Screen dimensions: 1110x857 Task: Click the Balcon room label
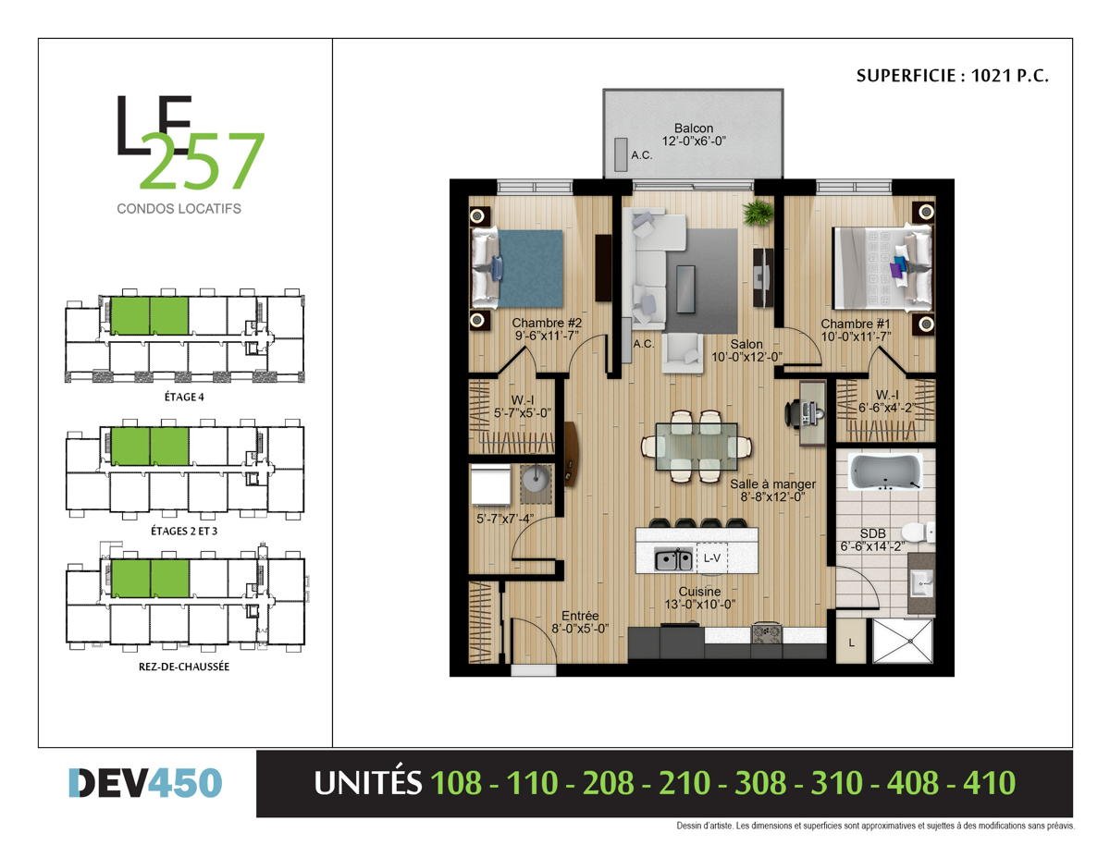(693, 129)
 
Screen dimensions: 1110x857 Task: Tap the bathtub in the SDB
(884, 471)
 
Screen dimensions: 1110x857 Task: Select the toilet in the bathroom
(918, 533)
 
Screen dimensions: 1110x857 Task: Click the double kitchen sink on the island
(673, 560)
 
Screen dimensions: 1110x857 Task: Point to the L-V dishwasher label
(711, 558)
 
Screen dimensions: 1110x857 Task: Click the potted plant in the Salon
(758, 212)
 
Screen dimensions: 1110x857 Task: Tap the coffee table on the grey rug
(685, 288)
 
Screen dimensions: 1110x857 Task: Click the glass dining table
(697, 447)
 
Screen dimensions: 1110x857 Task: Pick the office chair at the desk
(795, 412)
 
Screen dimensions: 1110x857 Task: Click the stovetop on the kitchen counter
(766, 634)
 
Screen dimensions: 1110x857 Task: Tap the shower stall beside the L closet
(903, 641)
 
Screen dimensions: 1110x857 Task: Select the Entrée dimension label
(580, 629)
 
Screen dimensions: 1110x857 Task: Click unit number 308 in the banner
(760, 783)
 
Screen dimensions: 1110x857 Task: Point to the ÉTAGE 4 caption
(184, 397)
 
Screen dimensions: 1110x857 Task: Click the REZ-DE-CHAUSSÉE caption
(184, 667)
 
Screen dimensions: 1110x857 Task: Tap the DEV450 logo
(145, 783)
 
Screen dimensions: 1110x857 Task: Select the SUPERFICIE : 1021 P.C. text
(952, 76)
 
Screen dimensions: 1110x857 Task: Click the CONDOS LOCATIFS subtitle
(179, 209)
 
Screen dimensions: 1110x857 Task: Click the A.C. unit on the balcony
(621, 154)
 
